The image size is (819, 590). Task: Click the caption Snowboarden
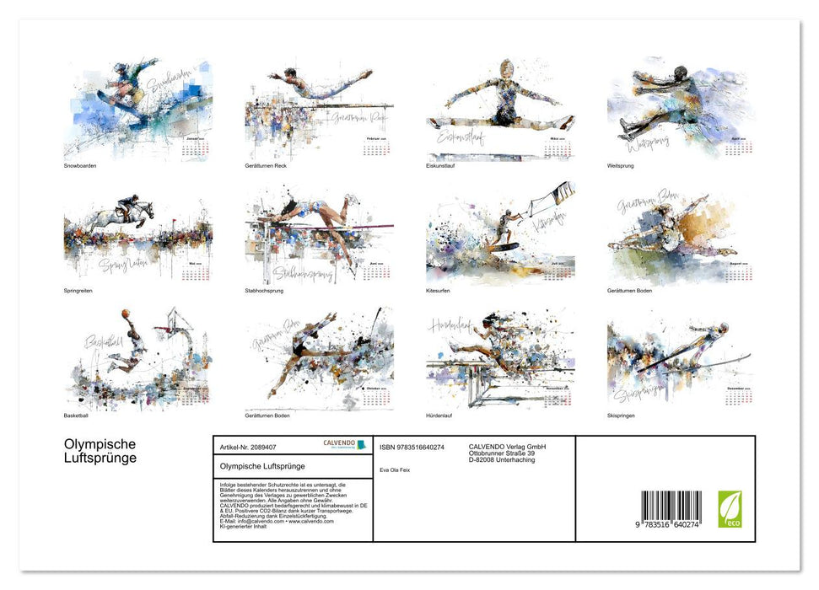80,166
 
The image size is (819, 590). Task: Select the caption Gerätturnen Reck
267,166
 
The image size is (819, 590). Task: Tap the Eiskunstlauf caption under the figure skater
441,166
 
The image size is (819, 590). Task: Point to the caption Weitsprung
620,166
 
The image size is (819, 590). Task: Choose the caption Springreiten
78,291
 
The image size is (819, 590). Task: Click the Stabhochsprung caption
265,291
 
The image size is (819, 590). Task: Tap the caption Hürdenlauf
441,416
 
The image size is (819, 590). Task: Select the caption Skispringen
621,416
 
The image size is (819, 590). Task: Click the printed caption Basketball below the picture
76,416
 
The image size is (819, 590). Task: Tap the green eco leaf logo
730,509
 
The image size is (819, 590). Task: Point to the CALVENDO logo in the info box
344,444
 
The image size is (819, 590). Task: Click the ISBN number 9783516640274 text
412,448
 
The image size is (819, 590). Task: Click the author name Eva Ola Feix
395,469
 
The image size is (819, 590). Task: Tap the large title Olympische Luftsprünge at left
100,452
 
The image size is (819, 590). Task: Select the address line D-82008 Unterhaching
501,460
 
